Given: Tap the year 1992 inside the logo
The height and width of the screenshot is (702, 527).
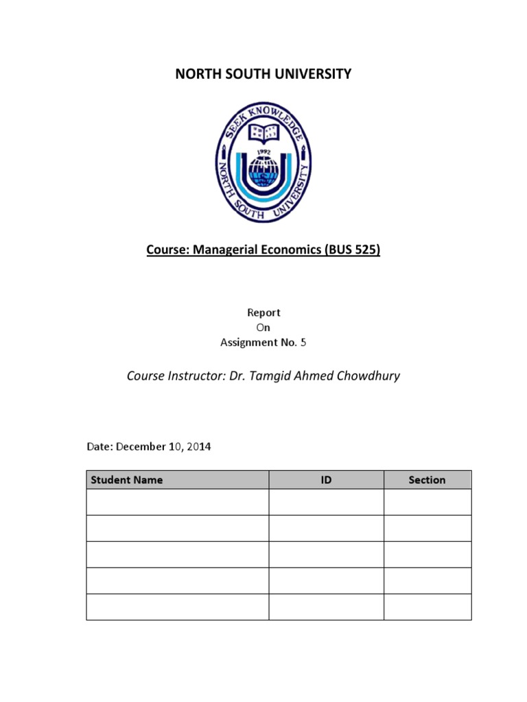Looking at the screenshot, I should coord(263,154).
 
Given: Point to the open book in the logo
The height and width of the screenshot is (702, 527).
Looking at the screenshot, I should coord(263,132).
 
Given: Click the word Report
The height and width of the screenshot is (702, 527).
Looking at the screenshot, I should coord(263,313).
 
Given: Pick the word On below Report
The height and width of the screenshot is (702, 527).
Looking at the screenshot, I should coord(263,328).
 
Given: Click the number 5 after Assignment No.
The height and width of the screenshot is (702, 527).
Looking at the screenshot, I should coord(303,343).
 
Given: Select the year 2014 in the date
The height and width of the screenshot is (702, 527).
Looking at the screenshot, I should coord(198,447).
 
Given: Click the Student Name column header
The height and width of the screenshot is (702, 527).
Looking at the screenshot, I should coord(127,480).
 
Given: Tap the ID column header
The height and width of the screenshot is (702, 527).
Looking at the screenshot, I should coord(326,480).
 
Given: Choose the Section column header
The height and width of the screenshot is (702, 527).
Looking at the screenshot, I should coord(427,480).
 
